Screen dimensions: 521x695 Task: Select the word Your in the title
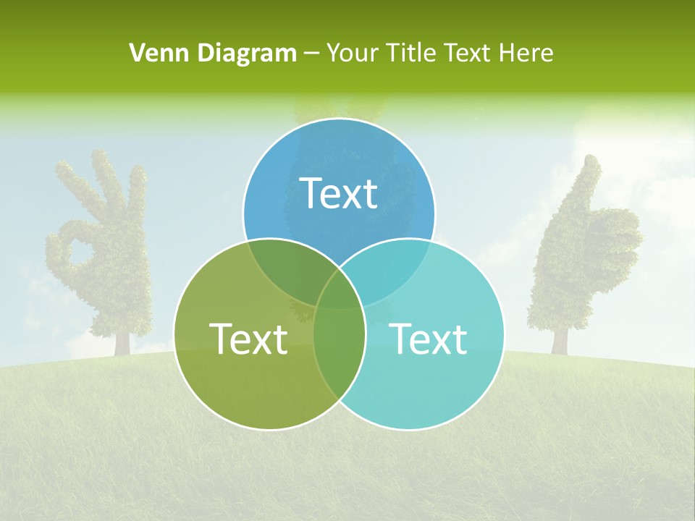[353, 53]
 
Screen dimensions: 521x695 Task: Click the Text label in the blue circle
[339, 193]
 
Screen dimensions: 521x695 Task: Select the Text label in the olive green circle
[248, 339]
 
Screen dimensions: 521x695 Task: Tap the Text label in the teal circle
[429, 339]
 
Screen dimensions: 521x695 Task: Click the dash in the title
[312, 54]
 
